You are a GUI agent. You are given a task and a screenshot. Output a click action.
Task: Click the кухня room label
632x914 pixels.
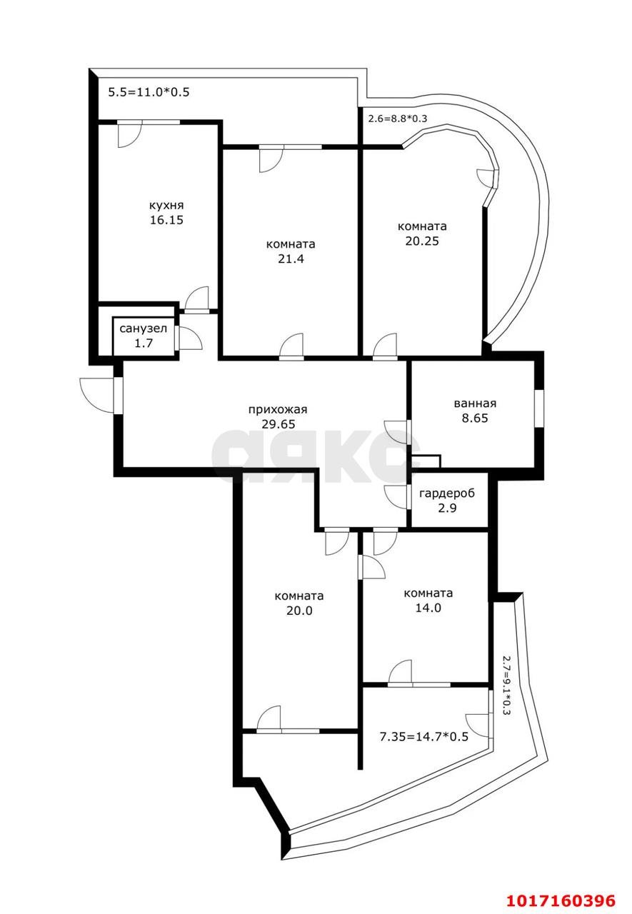coord(166,206)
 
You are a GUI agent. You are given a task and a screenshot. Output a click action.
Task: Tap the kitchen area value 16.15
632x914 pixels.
coord(166,221)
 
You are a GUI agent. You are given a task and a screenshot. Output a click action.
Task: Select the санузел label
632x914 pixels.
coord(144,328)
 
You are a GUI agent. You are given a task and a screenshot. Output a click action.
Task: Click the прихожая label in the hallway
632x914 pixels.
coord(278,410)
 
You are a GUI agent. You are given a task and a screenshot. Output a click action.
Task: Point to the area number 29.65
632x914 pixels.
coord(279,424)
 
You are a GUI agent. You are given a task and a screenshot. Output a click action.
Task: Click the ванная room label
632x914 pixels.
coord(475,403)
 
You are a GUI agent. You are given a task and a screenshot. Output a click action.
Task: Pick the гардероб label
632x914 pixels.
coord(447,493)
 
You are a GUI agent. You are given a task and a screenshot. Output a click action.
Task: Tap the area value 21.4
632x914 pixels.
coord(291,258)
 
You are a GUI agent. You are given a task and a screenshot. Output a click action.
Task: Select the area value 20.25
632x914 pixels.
coord(422,241)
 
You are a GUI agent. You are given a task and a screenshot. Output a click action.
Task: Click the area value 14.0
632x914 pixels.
coord(428,608)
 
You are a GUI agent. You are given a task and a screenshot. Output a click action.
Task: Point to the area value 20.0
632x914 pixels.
coord(299,611)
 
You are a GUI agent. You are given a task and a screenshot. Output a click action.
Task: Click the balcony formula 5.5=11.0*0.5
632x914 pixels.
coord(149,92)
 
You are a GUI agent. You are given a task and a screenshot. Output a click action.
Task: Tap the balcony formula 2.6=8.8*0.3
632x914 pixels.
coord(397,119)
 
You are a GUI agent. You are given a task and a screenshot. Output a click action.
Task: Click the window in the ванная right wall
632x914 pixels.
coord(539,409)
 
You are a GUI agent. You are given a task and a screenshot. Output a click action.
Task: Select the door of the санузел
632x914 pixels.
coord(189,338)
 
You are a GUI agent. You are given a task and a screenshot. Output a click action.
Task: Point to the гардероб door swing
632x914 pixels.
coord(397,497)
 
